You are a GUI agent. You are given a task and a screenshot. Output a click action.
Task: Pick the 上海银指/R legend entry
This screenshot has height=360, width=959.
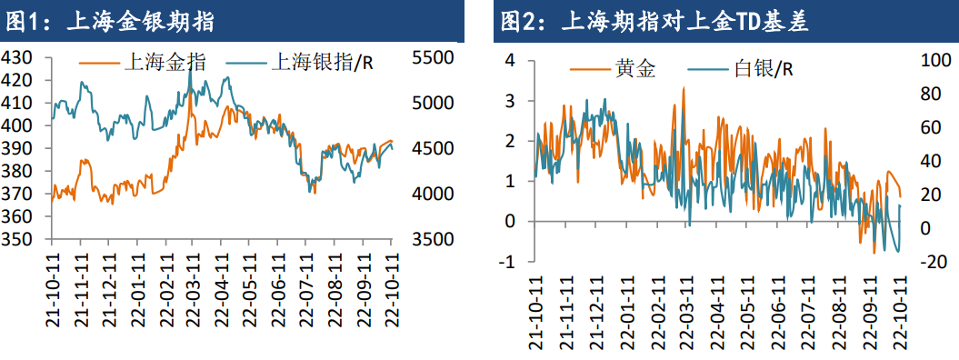click(x=309, y=62)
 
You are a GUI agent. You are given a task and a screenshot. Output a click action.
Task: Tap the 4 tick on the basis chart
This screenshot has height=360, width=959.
click(x=510, y=60)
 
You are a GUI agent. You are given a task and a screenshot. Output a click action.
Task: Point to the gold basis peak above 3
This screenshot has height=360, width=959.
click(x=683, y=88)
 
